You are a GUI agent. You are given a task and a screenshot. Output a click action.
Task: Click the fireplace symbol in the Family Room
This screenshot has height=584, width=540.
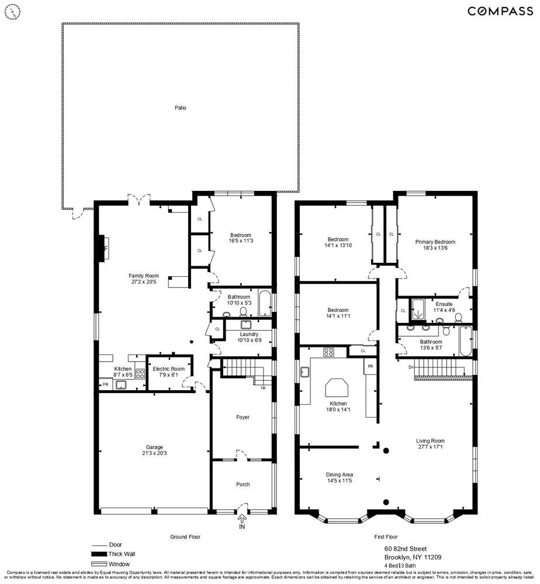click(x=103, y=249)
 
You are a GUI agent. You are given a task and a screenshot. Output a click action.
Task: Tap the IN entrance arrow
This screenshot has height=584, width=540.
click(x=242, y=520)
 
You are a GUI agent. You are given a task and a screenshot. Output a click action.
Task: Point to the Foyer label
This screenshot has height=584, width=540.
click(x=243, y=417)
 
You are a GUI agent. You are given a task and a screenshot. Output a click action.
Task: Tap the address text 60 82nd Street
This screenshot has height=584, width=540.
click(x=405, y=548)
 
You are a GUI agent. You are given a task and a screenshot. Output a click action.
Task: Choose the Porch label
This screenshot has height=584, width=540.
click(x=243, y=484)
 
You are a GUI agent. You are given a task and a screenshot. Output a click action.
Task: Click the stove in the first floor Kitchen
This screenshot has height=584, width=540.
click(x=328, y=352)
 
